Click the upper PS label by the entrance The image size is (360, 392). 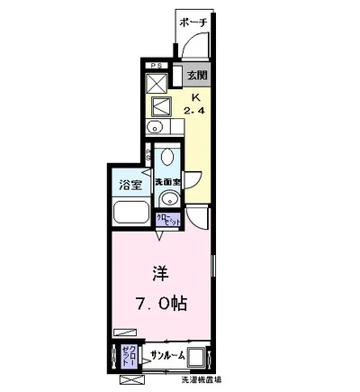click(156, 66)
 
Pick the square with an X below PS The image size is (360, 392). click(155, 82)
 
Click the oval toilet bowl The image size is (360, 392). click(167, 161)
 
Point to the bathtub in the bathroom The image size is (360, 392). click(132, 215)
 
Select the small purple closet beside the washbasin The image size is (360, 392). click(166, 220)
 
